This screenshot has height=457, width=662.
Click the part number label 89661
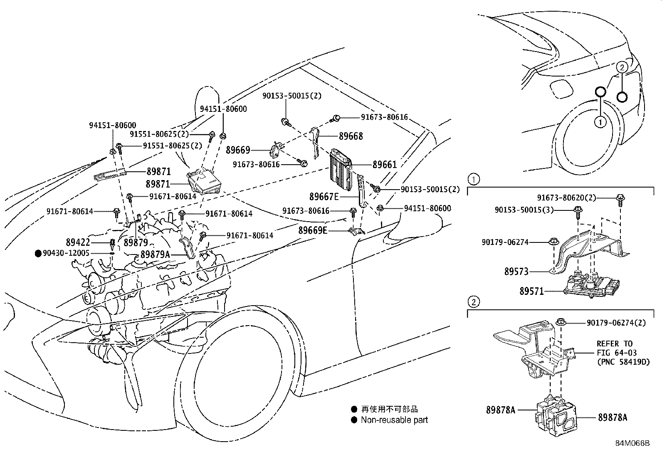[384, 165]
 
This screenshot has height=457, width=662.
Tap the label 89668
[351, 136]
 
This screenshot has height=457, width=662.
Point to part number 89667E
[324, 197]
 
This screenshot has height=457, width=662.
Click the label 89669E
[313, 230]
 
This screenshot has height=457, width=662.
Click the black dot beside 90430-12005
[38, 253]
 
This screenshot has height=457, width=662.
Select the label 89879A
[155, 254]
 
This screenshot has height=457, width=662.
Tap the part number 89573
[516, 272]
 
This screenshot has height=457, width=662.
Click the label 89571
[531, 291]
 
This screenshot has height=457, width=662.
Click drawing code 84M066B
[632, 443]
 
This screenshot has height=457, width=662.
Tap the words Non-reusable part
[394, 420]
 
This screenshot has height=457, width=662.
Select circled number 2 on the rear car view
[621, 67]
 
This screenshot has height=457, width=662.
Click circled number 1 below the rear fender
[600, 122]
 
